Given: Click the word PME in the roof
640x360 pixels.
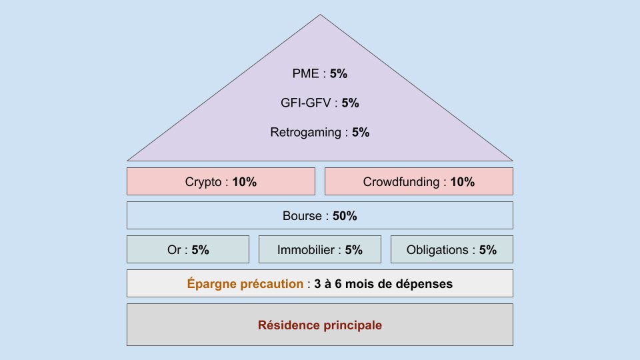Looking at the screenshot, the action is tap(305, 74).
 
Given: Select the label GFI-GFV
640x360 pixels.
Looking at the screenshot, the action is tap(306, 103).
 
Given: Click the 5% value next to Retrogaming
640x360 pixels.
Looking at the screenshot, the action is tap(361, 133).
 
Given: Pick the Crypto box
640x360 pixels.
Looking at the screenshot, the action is tap(221, 181).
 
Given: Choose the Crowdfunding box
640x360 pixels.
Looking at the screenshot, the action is tap(419, 181).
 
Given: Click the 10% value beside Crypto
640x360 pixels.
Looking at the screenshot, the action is tap(244, 182).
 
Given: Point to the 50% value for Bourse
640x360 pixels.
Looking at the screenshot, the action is tap(345, 216).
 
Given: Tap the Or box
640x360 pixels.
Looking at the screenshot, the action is tap(188, 250).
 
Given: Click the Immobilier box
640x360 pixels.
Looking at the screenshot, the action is tap(320, 250).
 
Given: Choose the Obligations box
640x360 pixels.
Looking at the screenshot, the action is tap(451, 250).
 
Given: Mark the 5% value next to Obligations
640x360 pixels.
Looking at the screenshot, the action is tap(487, 251).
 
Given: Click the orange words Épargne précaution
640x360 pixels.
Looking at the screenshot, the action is tap(245, 284).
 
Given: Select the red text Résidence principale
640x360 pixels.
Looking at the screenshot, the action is tap(320, 326).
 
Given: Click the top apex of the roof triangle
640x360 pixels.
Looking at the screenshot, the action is tap(320, 16).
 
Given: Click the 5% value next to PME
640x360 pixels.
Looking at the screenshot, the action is tap(338, 74).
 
